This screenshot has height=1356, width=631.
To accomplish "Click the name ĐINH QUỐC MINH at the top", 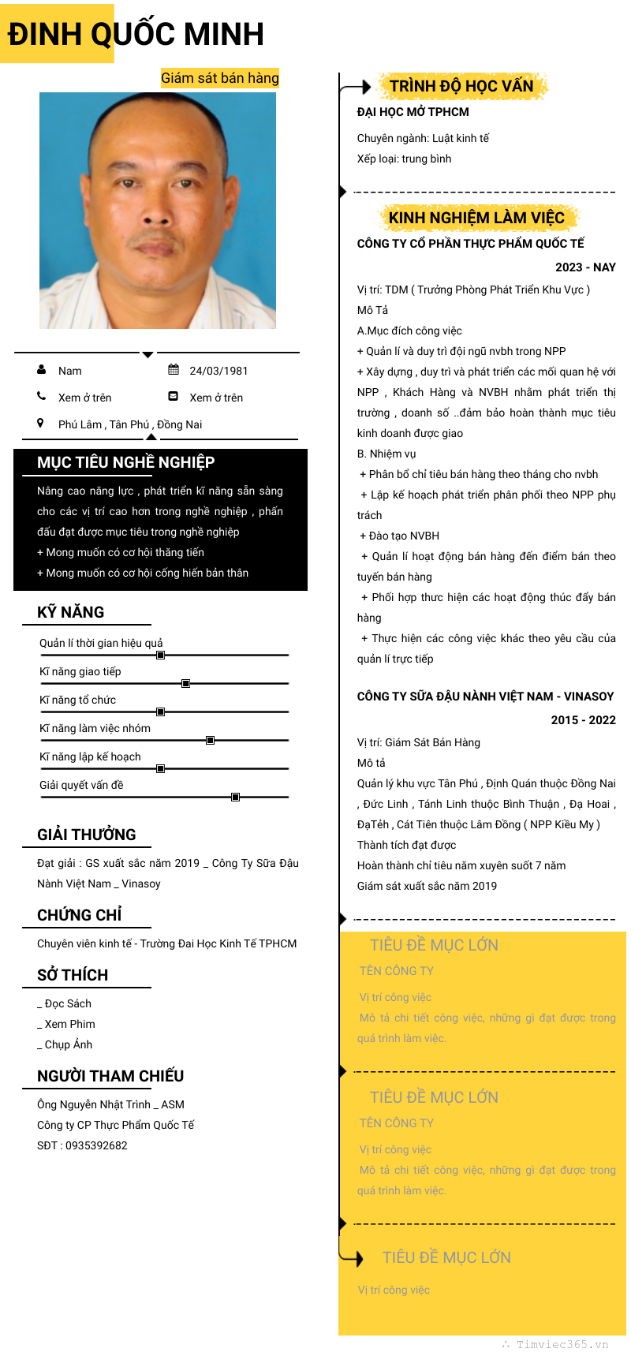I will click(136, 34).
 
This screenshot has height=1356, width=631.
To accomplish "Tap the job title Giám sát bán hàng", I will click(219, 78).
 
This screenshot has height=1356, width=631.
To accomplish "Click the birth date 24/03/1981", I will click(218, 371).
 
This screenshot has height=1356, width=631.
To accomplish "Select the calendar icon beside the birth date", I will click(174, 370).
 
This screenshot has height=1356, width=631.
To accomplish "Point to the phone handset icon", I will click(41, 397).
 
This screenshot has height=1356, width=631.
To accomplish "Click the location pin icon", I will click(40, 424).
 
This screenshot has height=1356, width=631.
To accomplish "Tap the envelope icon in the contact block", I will click(174, 397).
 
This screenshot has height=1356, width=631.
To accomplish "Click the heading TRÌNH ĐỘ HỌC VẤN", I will click(461, 86).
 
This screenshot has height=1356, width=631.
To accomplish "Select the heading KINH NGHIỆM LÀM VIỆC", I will click(476, 218).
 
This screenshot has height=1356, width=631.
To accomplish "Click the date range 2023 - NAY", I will click(585, 267).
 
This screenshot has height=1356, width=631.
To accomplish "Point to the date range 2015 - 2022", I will click(583, 720).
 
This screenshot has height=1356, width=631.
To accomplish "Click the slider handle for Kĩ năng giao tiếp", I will click(185, 683).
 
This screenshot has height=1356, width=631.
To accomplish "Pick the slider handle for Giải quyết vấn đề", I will click(235, 797).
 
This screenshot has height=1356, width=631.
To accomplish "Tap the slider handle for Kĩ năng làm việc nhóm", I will click(210, 740).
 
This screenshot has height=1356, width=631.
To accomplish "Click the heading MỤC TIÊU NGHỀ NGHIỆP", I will click(126, 462).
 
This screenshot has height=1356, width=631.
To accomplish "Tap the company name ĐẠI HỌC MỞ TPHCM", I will click(413, 112).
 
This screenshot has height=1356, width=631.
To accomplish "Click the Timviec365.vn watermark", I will click(562, 1344).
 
